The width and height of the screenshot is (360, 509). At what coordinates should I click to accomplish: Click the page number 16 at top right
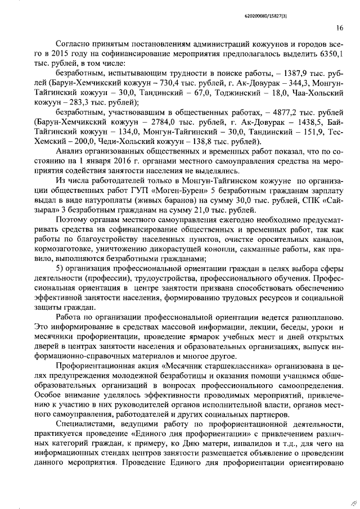pyautogui.click(x=340, y=28)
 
